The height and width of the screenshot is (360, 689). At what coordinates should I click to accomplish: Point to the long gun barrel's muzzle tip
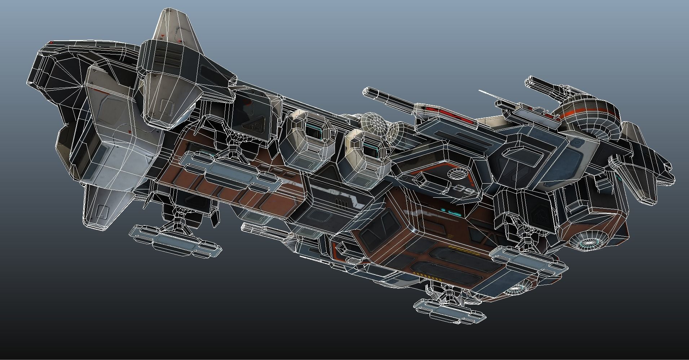365,91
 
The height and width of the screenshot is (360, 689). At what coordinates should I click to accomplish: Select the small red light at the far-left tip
51,43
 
